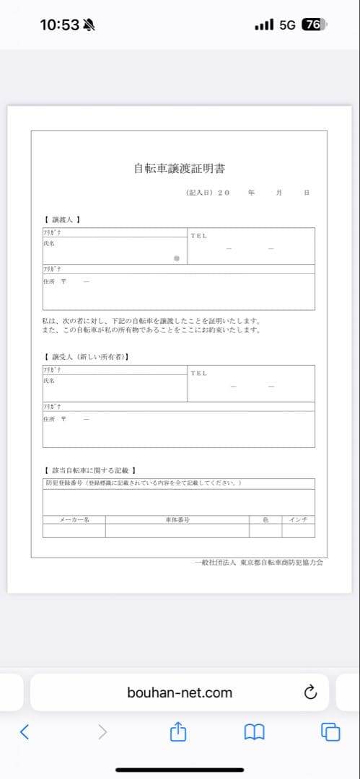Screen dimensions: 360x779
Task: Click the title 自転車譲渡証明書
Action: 180,169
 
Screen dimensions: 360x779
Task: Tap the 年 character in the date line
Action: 250,193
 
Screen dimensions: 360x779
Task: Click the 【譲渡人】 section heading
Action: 62,219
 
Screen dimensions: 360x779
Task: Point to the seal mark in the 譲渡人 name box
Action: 176,258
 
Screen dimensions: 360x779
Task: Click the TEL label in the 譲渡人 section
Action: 198,236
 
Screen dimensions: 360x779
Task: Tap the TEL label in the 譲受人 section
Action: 198,373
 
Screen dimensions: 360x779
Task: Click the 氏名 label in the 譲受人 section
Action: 49,380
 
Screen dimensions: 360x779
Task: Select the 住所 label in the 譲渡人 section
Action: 49,281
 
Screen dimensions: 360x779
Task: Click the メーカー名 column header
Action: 74,519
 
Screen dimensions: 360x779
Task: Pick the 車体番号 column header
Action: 177,519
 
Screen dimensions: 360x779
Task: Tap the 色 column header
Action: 265,519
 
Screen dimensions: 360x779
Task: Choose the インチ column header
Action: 298,519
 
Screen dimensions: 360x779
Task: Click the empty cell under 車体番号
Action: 177,530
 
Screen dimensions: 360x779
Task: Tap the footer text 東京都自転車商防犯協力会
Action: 281,562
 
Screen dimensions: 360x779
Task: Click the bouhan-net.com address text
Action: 180,692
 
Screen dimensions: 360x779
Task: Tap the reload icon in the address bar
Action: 310,692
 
